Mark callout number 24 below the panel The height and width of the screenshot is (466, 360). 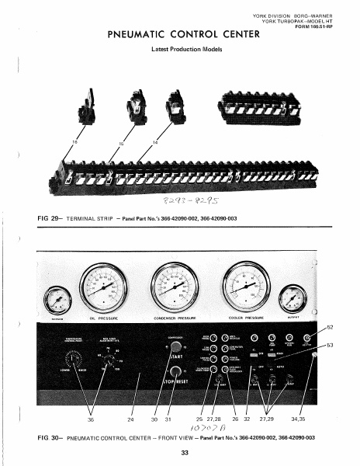pos(130,421)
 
